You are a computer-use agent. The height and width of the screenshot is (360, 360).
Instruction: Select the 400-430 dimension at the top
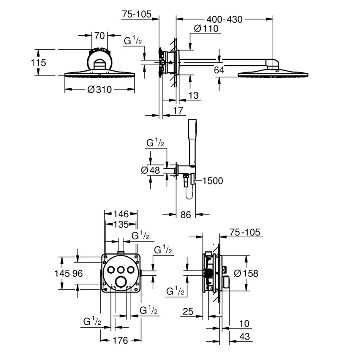pyautogui.click(x=224, y=19)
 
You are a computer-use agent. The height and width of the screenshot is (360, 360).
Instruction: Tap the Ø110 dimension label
pyautogui.click(x=206, y=29)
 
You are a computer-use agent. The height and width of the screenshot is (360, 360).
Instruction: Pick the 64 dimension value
pyautogui.click(x=219, y=71)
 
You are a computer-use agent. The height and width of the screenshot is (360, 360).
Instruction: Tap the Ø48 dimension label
pyautogui.click(x=150, y=170)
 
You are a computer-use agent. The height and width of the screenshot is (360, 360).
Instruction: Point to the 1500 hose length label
pyautogui.click(x=213, y=180)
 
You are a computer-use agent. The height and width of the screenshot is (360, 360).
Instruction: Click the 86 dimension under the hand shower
pyautogui.click(x=186, y=214)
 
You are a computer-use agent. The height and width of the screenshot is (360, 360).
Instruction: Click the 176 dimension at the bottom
pyautogui.click(x=121, y=340)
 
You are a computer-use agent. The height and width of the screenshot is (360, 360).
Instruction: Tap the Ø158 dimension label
pyautogui.click(x=246, y=273)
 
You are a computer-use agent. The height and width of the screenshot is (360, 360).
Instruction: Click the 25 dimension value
pyautogui.click(x=189, y=311)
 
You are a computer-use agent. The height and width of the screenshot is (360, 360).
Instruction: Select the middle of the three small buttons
pyautogui.click(x=121, y=270)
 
